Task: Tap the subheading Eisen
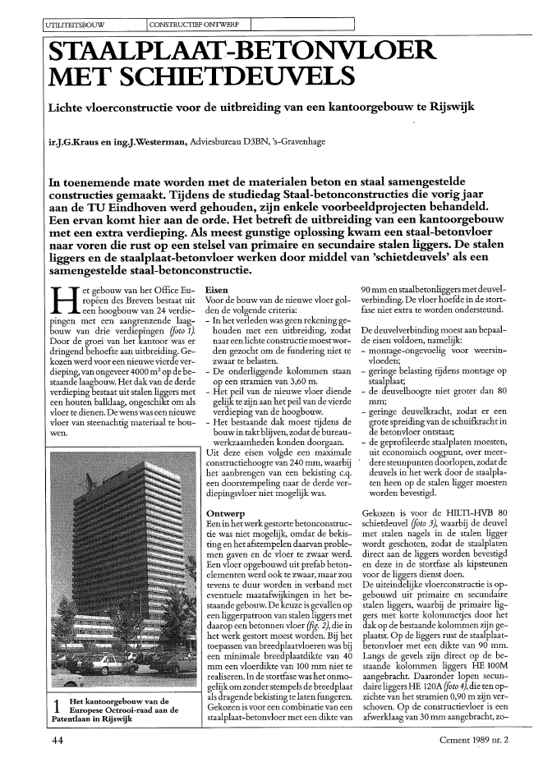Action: [x=217, y=292]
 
